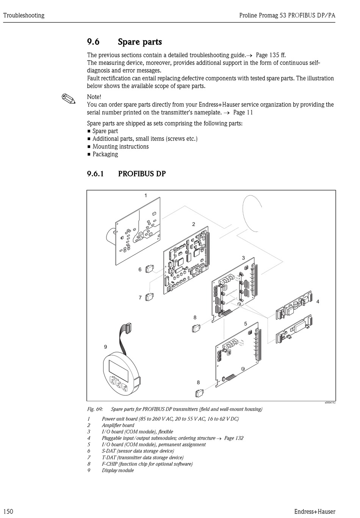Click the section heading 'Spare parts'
pos(139,42)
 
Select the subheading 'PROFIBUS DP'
pos(142,174)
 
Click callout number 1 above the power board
pos(146,195)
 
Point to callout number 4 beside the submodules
pos(318,301)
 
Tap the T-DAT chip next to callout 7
pos(150,298)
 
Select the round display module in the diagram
pos(121,374)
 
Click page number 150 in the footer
pos(8,512)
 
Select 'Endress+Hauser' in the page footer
pos(314,512)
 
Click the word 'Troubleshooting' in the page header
pos(23,16)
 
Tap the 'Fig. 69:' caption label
pos(95,409)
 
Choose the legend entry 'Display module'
pos(117,470)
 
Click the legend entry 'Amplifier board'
pos(118,425)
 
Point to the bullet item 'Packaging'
pos(105,154)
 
